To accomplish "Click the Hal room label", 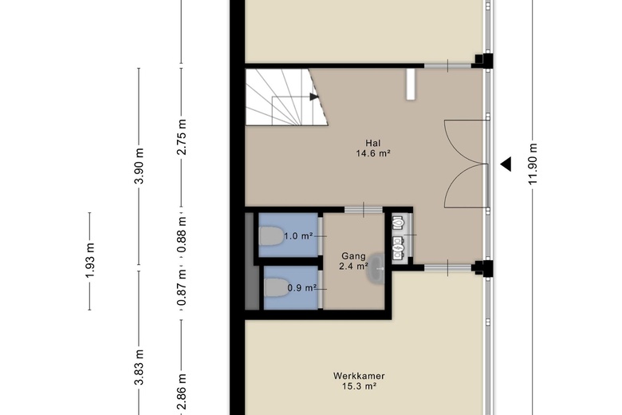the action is click(x=373, y=143).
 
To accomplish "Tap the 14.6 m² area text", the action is click(x=373, y=153).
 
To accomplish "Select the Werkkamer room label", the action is click(x=359, y=376).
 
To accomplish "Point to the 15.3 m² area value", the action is click(x=359, y=386).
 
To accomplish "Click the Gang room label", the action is click(x=353, y=256).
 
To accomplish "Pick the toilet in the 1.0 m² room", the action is click(x=271, y=236).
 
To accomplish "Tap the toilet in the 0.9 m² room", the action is click(x=276, y=287).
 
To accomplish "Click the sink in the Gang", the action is click(x=376, y=269).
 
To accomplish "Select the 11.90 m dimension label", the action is click(x=533, y=164).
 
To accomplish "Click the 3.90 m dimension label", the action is click(x=139, y=166).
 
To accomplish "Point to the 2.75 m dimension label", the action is click(x=182, y=137).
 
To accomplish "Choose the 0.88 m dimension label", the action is click(x=182, y=235).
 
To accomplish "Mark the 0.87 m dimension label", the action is click(x=182, y=287).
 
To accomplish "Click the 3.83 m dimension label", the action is click(x=139, y=367).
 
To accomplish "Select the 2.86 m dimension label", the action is click(x=182, y=391).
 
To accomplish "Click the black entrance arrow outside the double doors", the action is click(x=506, y=164).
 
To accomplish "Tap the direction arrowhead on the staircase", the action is click(x=314, y=97).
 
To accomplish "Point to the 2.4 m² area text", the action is click(x=353, y=267).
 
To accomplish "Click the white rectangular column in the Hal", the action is click(x=411, y=85).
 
